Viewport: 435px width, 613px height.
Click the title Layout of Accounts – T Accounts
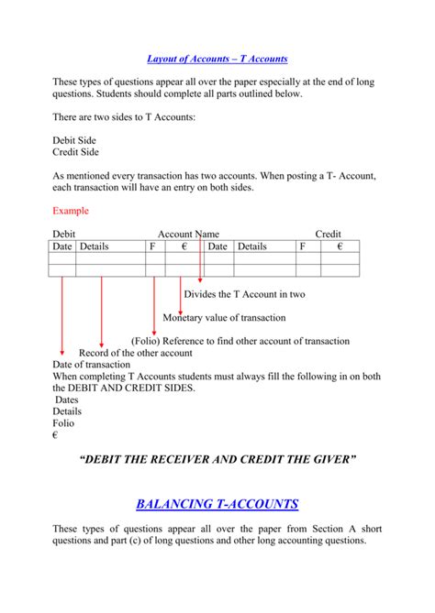(217, 59)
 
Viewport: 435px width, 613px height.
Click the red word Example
(71, 211)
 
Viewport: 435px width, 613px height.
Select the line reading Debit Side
(74, 140)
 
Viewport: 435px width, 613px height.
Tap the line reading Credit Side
(75, 152)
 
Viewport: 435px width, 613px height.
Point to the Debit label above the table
(64, 235)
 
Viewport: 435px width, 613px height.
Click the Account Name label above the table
(188, 235)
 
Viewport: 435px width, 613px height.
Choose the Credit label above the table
(328, 235)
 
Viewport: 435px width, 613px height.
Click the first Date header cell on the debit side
(61, 246)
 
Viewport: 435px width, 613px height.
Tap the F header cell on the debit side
(151, 246)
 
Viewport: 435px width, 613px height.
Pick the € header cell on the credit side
(340, 246)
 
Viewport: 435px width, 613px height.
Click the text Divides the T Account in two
(244, 294)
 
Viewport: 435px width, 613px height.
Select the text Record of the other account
(136, 353)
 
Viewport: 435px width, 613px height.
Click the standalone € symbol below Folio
(56, 435)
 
